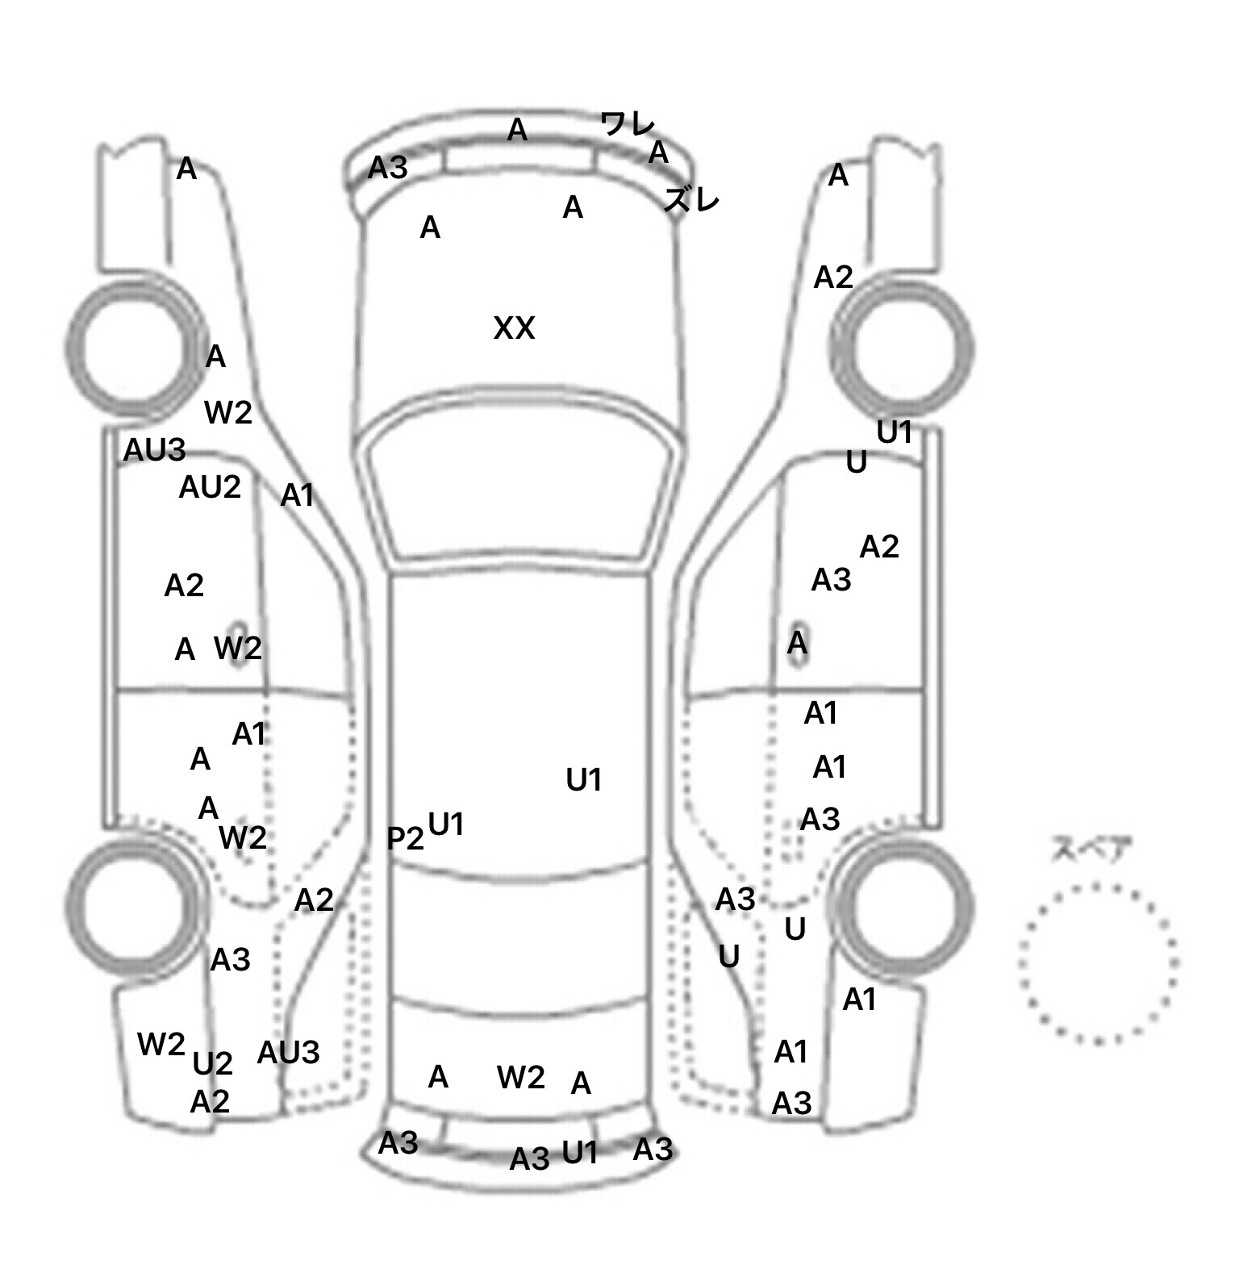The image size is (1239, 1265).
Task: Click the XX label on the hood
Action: [514, 328]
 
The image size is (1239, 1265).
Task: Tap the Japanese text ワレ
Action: [628, 124]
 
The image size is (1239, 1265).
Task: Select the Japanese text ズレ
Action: [691, 199]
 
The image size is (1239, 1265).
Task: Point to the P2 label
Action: [405, 839]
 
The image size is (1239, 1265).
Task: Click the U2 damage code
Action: [213, 1064]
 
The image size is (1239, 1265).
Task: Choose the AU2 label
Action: [210, 487]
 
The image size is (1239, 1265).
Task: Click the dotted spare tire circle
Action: [1098, 963]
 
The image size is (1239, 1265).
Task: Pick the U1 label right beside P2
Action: [446, 825]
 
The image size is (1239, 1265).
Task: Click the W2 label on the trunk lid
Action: [521, 1077]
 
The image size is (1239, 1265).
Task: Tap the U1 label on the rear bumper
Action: [580, 1153]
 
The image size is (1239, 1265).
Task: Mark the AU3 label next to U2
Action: [288, 1053]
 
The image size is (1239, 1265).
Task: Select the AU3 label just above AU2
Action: [154, 450]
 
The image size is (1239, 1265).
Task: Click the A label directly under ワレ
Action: [659, 152]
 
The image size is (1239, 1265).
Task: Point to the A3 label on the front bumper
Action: [388, 168]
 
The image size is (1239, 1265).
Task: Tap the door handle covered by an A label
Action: [798, 644]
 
